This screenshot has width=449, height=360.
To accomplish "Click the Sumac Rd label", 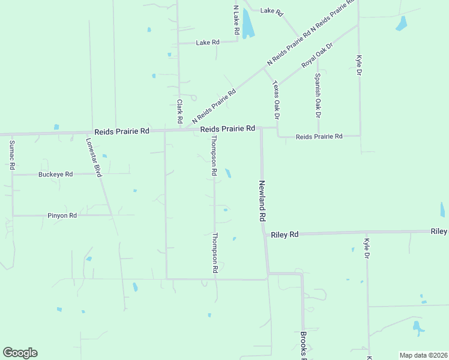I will [x=11, y=155].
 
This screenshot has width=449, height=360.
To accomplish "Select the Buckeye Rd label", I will [x=55, y=174].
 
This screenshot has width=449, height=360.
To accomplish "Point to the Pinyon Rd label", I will [x=62, y=215].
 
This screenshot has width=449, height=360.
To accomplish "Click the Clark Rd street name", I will [x=179, y=112].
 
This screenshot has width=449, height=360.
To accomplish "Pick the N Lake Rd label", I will [x=237, y=19].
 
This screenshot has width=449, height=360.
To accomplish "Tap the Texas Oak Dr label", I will [x=276, y=96].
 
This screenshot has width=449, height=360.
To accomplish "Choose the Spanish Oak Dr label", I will [x=318, y=95].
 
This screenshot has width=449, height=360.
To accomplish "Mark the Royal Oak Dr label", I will [x=316, y=56].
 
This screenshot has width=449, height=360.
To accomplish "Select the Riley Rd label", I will [x=285, y=235].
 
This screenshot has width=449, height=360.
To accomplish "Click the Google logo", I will [x=20, y=353].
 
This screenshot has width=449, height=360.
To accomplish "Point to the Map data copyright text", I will [x=423, y=355].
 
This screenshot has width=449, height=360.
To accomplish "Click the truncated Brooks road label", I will [x=304, y=345].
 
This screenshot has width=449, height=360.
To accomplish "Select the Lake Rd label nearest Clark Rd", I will [x=208, y=43].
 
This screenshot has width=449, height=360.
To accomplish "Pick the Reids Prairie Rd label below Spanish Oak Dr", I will [x=319, y=137].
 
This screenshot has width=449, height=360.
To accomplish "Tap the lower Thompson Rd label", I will [x=214, y=253].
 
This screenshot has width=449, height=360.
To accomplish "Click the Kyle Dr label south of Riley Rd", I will [x=367, y=248].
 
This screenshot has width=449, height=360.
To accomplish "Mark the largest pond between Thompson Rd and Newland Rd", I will [x=228, y=173].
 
